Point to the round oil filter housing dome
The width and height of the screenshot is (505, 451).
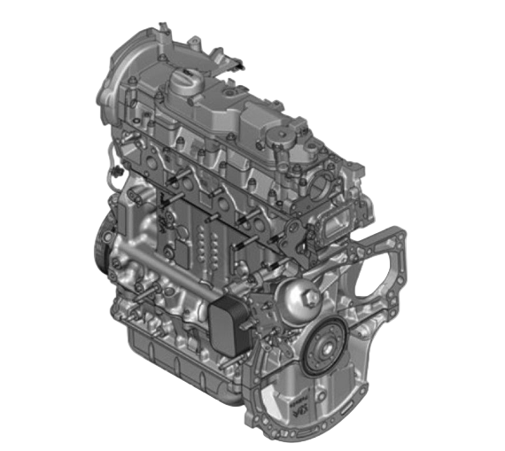click(x=298, y=294)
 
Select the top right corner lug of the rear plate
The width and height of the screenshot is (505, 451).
click(x=398, y=234)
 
